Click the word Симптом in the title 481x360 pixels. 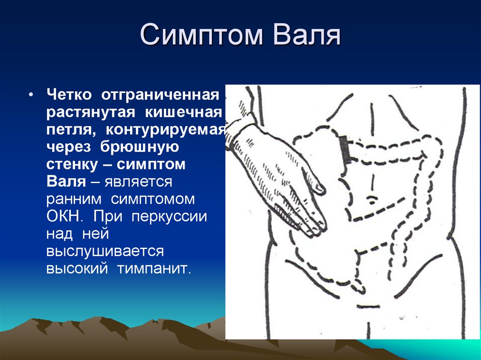(x=201, y=34)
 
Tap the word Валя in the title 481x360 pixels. (x=306, y=34)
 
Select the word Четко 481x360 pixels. (x=69, y=95)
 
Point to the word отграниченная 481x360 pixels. (x=160, y=95)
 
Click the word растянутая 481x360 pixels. (x=91, y=113)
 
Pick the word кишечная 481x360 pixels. (x=183, y=112)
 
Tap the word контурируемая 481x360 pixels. (x=165, y=130)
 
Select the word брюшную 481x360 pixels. (x=140, y=147)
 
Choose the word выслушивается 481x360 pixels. (x=105, y=252)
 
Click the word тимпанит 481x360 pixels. (x=154, y=269)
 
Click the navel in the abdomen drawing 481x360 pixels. (x=372, y=199)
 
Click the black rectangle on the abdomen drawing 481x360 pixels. (x=346, y=149)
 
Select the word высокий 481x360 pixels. (x=77, y=269)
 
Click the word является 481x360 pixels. (x=139, y=182)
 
